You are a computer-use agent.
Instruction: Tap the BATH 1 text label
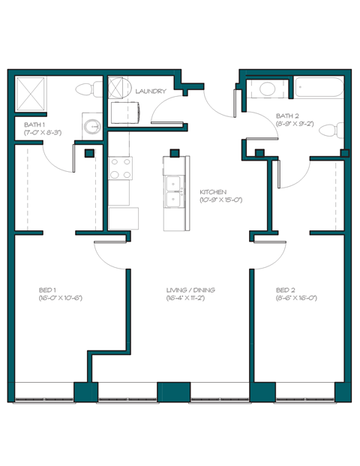(34, 125)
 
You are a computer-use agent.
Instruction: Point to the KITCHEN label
(214, 192)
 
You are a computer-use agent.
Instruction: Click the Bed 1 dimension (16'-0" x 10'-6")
(59, 299)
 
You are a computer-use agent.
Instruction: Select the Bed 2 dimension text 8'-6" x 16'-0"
(295, 299)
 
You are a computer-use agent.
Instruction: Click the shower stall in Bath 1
(31, 94)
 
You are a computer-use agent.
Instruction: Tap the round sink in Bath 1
(92, 126)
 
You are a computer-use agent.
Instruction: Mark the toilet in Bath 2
(332, 132)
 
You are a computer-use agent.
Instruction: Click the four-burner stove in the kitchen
(119, 168)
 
